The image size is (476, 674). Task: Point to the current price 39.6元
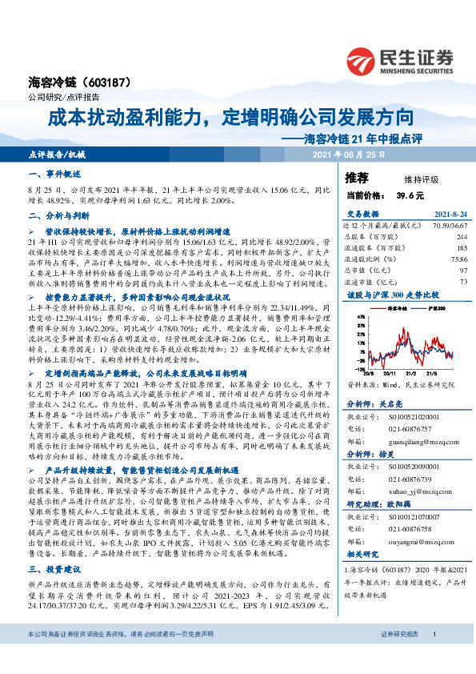pos(409,195)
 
